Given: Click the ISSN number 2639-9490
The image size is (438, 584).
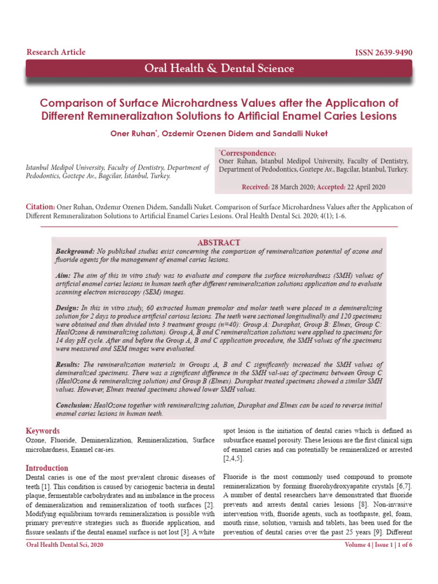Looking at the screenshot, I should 384,53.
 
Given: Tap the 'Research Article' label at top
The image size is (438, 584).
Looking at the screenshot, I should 56,52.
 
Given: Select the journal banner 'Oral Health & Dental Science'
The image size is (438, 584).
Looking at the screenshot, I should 219,69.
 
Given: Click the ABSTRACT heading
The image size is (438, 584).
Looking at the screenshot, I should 218,243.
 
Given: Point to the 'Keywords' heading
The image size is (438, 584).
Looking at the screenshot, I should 43,431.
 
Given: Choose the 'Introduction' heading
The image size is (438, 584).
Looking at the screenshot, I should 47,468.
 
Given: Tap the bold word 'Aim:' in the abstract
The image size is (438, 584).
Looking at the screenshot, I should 64,275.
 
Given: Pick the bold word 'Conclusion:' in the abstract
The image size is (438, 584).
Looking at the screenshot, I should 74,405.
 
